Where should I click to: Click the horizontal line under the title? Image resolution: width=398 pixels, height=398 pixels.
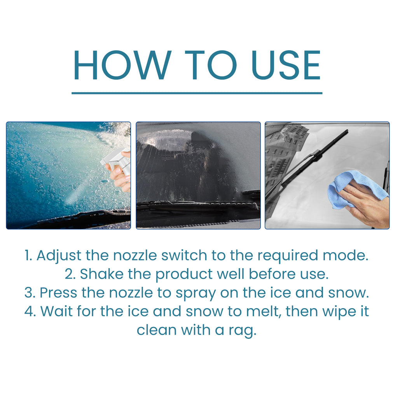[x=197, y=93]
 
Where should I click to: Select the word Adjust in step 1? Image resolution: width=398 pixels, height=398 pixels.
[x=59, y=256]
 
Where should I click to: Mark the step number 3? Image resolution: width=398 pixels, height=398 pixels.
[x=28, y=293]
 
